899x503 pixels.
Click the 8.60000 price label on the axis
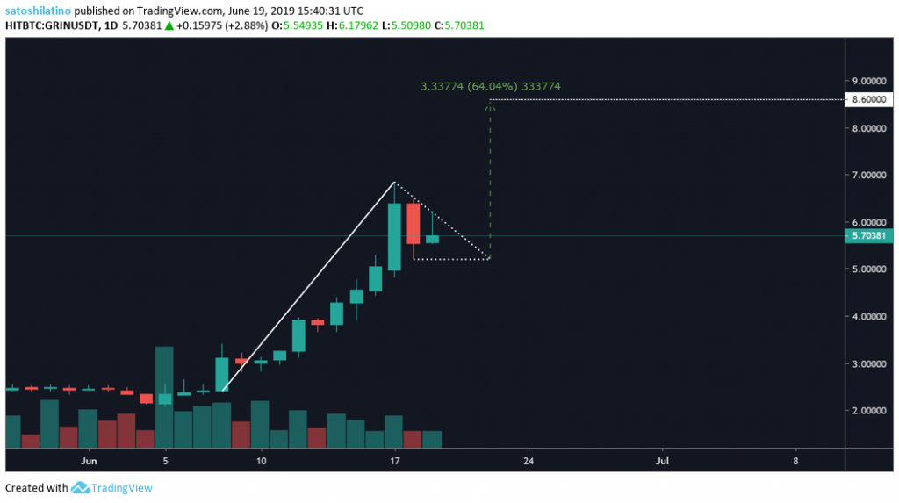pos(867,100)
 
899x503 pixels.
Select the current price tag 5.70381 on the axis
pos(867,235)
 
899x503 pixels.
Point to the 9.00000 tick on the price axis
pos(867,81)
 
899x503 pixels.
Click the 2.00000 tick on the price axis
pos(867,410)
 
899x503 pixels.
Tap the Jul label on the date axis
pos(662,459)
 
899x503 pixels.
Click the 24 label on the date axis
pos(529,459)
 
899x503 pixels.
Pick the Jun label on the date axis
pos(88,459)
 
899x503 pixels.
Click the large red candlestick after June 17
pos(413,223)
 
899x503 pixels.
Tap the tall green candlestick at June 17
pos(394,237)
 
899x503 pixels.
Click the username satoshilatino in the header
pos(38,9)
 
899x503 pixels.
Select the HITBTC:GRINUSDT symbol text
pos(56,25)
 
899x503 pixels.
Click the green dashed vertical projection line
pos(490,176)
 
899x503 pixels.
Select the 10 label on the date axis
pos(261,459)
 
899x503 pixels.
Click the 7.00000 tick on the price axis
pos(867,175)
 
